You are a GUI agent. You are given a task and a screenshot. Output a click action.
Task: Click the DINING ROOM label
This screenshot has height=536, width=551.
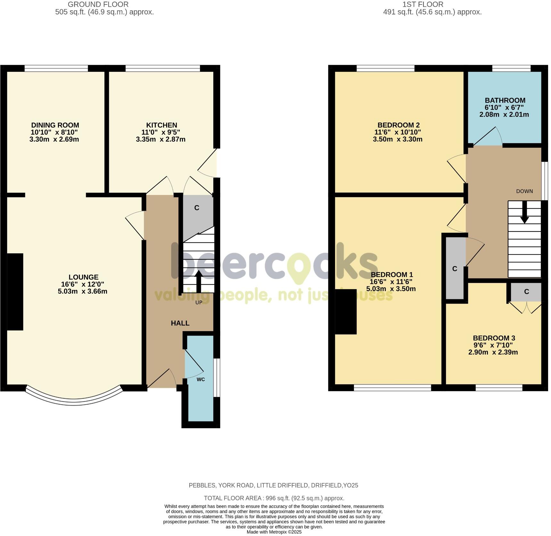coord(55,125)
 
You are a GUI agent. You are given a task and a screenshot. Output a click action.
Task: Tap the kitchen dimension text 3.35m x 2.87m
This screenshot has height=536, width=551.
coord(160,139)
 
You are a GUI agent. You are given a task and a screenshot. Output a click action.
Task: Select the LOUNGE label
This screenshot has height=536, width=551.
coord(83,277)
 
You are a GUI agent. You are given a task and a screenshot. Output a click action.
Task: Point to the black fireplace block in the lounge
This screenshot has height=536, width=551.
coord(15,292)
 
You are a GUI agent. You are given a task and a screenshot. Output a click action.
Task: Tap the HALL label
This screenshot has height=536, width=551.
coord(180,323)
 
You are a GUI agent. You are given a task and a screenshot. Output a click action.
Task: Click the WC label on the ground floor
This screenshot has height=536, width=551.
coord(201,380)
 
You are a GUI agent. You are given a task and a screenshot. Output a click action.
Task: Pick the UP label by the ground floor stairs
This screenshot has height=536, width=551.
coord(199,302)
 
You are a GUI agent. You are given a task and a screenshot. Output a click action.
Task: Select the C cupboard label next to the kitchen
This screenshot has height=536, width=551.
coord(197,208)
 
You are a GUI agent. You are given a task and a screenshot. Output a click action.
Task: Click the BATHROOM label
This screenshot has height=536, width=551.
coord(505,100)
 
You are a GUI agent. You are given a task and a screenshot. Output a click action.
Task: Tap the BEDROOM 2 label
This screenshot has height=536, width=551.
coord(399,125)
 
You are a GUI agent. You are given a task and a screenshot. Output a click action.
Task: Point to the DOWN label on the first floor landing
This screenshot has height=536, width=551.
coord(524,191)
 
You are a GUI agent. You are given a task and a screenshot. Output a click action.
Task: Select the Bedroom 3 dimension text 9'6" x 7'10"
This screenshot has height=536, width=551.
coord(493,345)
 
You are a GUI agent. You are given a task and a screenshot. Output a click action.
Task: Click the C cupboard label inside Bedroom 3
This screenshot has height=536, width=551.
coord(526,292)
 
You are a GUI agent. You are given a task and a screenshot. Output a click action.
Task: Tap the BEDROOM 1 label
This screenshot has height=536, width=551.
coord(392,275)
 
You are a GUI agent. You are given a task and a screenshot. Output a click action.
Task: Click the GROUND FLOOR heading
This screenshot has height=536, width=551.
coord(98,4)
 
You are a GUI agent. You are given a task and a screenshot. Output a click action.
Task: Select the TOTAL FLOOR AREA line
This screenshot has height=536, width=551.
coord(274,498)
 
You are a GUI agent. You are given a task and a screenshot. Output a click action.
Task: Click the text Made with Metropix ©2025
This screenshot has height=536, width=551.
coord(274,532)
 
